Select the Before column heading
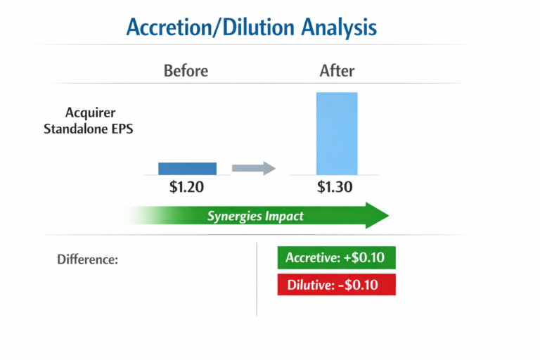pos(186,71)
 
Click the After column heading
pos(337,71)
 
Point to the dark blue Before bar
pos(187,168)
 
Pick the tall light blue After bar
pos(337,134)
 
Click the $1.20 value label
pos(187,188)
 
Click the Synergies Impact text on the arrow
pos(255,216)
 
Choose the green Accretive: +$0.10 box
pos(337,257)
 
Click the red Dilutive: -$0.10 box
pos(337,284)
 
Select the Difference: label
pos(87,259)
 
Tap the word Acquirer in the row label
pos(90,112)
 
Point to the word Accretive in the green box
pos(312,257)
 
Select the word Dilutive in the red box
pos(310,284)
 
